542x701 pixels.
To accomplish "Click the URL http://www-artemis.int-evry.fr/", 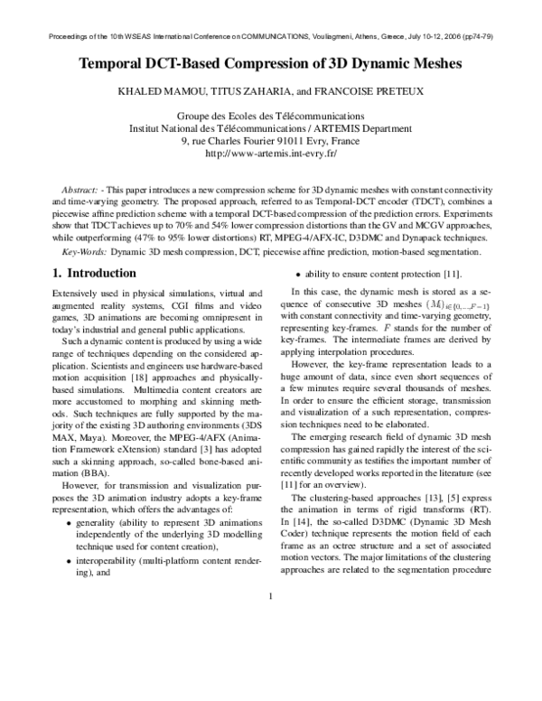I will [271, 154].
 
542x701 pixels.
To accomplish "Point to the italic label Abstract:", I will [79, 192].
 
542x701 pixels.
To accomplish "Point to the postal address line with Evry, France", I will [271, 141].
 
